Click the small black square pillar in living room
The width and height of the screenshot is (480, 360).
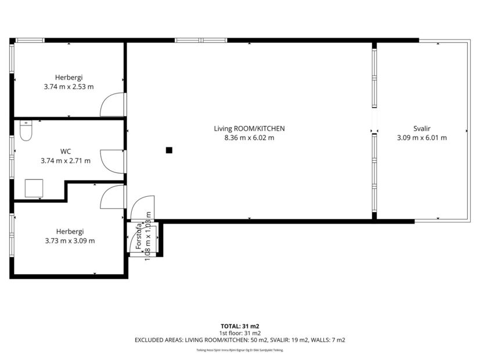pos(169,150)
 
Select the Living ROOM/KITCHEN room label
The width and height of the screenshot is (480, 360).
pos(250,128)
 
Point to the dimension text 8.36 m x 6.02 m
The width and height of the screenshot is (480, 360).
pos(250,138)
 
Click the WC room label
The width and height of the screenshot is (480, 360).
pos(66,152)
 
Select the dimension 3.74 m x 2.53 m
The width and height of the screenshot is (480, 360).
pos(68,87)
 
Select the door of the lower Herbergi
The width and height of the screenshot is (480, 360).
pos(113,198)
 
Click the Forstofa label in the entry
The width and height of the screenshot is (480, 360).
pos(139,238)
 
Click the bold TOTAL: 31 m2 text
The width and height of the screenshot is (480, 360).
pos(240,326)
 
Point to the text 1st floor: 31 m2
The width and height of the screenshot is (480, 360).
pos(240,333)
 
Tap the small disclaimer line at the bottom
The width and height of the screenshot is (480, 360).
pos(240,350)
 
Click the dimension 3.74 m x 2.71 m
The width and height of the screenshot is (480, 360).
pos(66,161)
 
